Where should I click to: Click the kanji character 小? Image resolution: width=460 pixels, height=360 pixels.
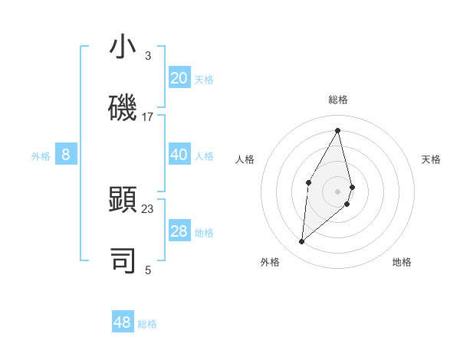[x=123, y=47]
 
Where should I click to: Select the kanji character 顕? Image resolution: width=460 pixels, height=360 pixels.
[x=123, y=200]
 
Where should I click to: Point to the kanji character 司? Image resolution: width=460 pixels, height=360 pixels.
[x=123, y=260]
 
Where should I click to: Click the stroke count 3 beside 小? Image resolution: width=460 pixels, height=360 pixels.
[x=147, y=56]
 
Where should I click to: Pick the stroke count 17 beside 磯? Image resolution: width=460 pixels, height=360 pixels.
[x=148, y=117]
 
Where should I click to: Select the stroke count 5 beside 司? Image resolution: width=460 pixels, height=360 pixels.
[x=147, y=270]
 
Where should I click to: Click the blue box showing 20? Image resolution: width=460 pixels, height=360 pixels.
[x=179, y=78]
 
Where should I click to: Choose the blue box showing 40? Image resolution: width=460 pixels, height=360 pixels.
[x=179, y=155]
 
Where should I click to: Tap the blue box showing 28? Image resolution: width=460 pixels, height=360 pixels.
[x=179, y=231]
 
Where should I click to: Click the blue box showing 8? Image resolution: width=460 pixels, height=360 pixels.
[x=66, y=155]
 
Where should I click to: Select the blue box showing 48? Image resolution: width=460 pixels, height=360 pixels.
[x=123, y=322]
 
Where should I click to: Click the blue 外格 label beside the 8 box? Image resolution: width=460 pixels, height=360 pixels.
[x=41, y=156]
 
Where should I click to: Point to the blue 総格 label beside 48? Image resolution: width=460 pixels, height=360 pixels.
[x=147, y=324]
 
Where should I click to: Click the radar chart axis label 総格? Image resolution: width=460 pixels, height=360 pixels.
[x=338, y=100]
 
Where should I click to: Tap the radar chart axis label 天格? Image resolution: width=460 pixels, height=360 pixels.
[x=431, y=159]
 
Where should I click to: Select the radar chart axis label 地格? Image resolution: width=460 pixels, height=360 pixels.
[x=402, y=263]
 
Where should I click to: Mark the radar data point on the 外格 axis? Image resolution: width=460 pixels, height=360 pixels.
[x=301, y=241]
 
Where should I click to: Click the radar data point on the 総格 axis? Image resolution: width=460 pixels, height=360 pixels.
[x=338, y=129]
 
